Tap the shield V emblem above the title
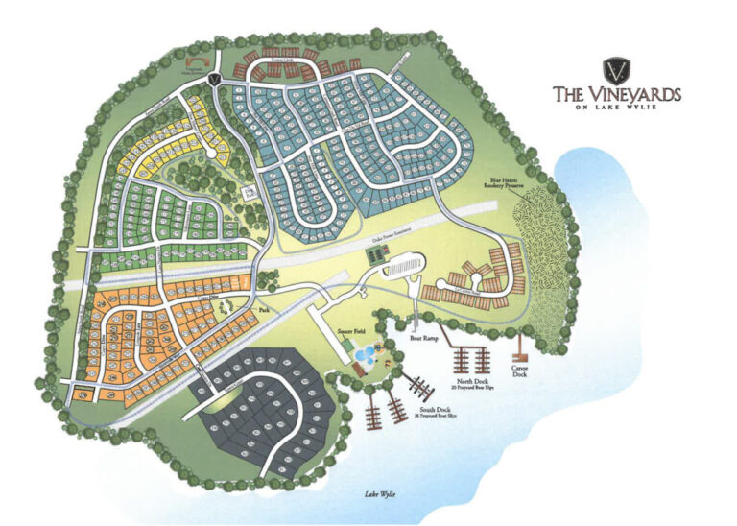point(616,70)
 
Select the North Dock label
point(470,384)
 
